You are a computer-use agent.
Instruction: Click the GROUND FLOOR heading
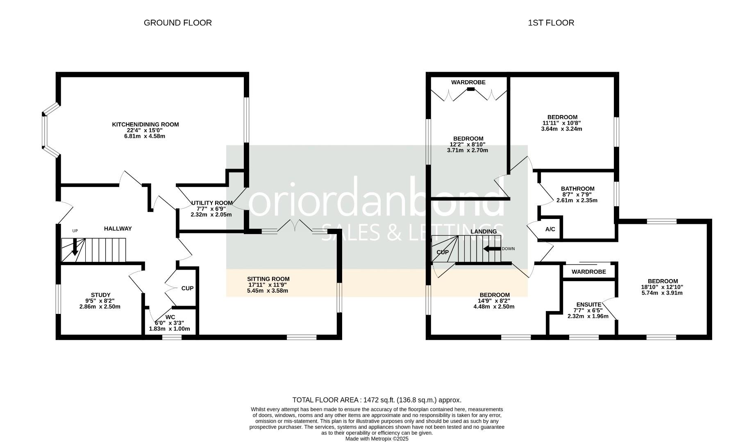(177, 23)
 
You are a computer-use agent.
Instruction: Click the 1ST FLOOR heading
(551, 23)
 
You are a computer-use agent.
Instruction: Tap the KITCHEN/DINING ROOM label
(145, 124)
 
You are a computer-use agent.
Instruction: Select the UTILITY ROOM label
(212, 203)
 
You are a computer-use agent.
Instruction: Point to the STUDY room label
(100, 295)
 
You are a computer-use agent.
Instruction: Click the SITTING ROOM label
(268, 279)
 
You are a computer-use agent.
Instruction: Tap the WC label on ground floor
(170, 317)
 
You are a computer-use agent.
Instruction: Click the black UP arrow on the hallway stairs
(75, 248)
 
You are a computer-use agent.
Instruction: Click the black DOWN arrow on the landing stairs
(492, 248)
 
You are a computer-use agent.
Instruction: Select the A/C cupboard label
(550, 229)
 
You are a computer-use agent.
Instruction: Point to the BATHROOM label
(577, 189)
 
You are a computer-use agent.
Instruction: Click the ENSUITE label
(588, 304)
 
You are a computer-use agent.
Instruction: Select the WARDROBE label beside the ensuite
(588, 272)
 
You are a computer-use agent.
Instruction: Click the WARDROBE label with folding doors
(468, 82)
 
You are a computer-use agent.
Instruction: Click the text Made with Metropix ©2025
(377, 439)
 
